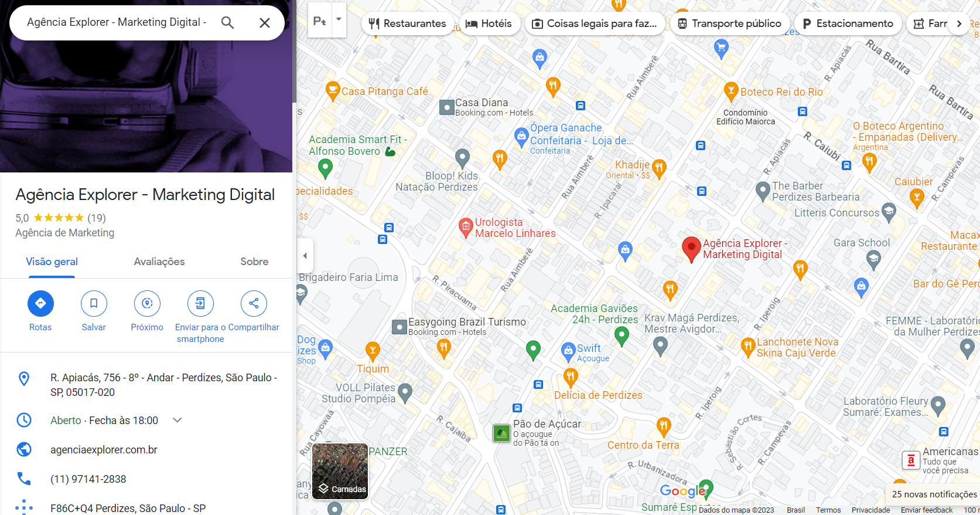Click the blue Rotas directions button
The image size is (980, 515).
click(x=40, y=303)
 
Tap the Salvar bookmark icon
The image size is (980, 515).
click(x=94, y=303)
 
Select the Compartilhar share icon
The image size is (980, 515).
click(x=254, y=303)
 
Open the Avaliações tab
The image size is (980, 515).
click(x=159, y=262)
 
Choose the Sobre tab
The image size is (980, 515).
click(x=254, y=262)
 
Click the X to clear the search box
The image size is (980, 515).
click(x=265, y=23)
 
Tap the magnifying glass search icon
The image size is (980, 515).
click(x=227, y=23)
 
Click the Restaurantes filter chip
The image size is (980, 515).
click(x=407, y=23)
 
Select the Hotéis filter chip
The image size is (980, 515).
click(x=489, y=23)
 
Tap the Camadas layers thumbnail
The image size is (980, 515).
click(x=340, y=471)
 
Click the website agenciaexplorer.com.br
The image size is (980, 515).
click(x=104, y=450)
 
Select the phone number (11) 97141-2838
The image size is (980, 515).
click(x=88, y=479)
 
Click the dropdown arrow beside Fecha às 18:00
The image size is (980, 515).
click(x=177, y=420)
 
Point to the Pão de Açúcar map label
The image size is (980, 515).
click(x=547, y=424)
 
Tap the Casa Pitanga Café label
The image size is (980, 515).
click(x=384, y=92)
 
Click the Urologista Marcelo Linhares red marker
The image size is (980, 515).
click(x=466, y=226)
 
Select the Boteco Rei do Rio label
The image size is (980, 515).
click(x=781, y=92)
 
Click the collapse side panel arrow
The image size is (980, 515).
click(x=305, y=256)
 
